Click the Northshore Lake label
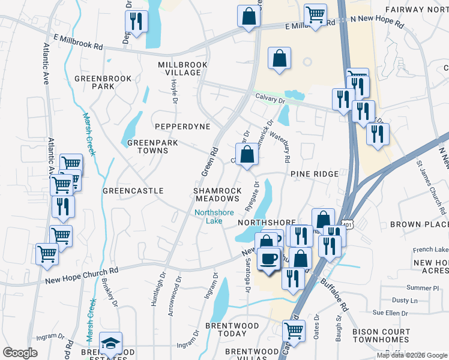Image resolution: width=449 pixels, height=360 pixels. click(208, 217)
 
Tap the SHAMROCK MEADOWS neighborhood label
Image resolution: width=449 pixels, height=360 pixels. click(217, 195)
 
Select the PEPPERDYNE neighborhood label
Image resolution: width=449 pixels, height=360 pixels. click(182, 127)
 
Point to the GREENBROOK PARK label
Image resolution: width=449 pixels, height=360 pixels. click(95, 82)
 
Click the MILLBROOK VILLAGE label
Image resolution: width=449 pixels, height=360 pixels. click(179, 68)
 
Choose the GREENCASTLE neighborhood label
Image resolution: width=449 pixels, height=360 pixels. click(133, 191)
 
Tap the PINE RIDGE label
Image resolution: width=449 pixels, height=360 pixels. click(315, 174)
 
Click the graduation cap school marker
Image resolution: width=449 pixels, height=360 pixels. click(110, 343)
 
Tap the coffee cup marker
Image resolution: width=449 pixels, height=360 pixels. click(268, 259)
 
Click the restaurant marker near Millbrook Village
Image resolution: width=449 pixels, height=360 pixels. click(136, 22)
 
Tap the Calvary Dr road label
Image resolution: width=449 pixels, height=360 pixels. click(268, 95)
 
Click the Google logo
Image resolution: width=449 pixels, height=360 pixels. click(20, 353)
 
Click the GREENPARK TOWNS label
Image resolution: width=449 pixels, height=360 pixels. click(148, 147)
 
